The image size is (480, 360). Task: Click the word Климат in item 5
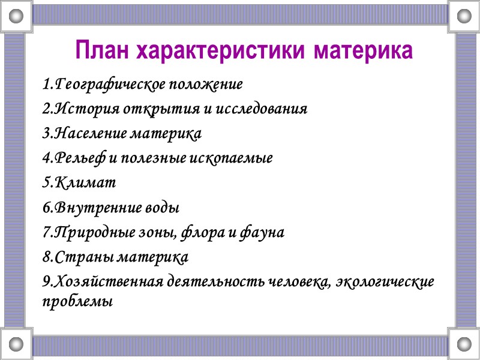point(82,183)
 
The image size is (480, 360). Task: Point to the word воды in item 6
point(163,208)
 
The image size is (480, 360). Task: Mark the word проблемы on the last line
point(78,302)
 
